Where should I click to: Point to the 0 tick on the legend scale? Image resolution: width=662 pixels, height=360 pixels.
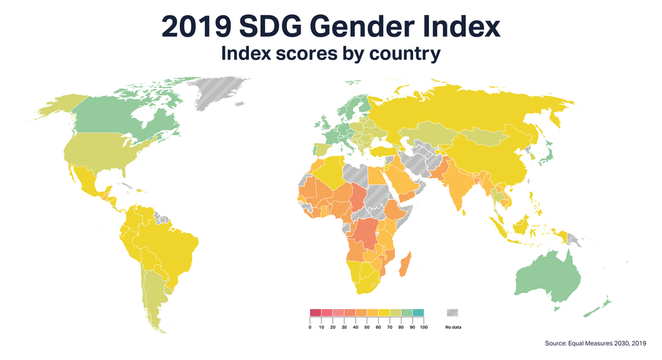(x=310, y=328)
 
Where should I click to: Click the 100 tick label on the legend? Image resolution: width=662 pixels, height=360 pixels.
(x=423, y=328)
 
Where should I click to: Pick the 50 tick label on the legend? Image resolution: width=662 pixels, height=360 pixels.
(x=367, y=328)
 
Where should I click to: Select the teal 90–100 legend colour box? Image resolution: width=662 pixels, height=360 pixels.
(x=418, y=313)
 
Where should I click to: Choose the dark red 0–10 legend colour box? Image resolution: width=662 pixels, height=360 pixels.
(x=315, y=313)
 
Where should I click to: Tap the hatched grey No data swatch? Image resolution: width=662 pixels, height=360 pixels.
(x=453, y=313)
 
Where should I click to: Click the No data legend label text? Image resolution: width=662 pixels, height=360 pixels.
(x=453, y=328)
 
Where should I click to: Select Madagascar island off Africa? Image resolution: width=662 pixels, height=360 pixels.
(x=405, y=264)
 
